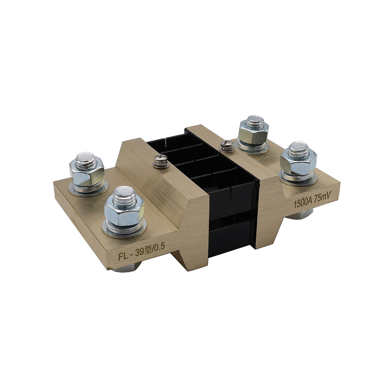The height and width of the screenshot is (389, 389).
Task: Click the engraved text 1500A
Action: coord(302,203)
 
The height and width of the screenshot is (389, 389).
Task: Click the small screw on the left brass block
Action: coord(159,161)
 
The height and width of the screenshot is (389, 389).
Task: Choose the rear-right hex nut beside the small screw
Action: coord(253,137)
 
